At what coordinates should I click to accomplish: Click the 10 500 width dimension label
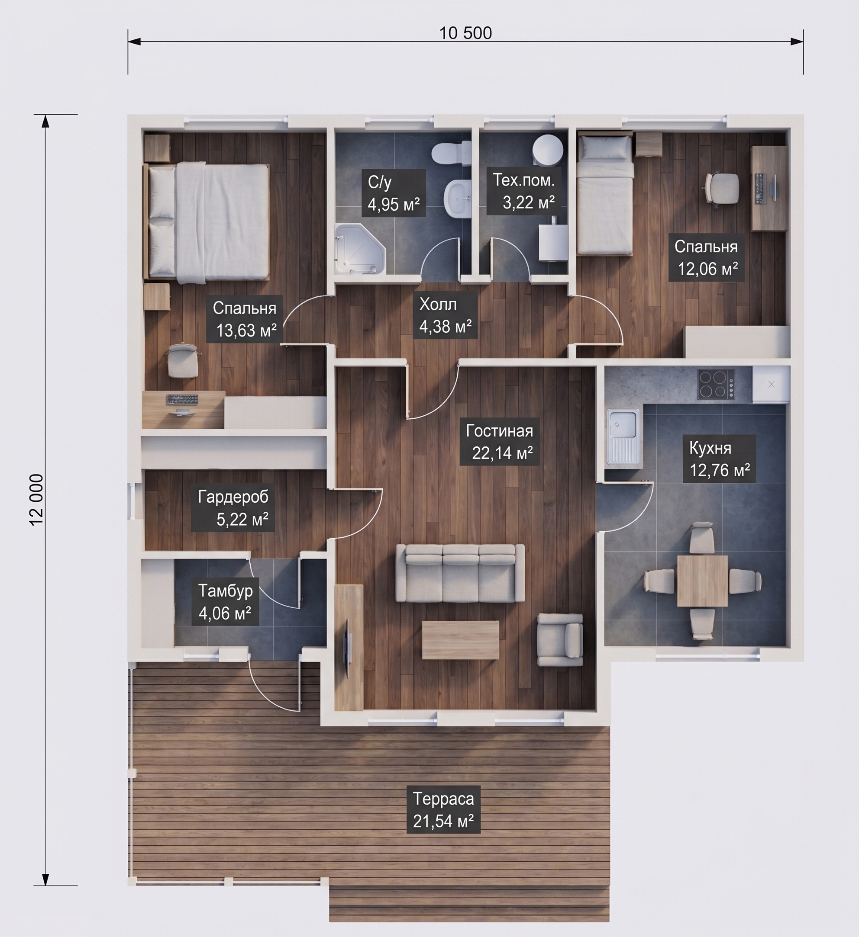pyautogui.click(x=465, y=33)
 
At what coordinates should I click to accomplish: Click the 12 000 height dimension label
pyautogui.click(x=36, y=500)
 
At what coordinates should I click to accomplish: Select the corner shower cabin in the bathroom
pyautogui.click(x=360, y=249)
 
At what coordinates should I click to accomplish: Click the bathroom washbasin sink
pyautogui.click(x=458, y=198)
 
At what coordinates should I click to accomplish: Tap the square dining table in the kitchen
pyautogui.click(x=702, y=581)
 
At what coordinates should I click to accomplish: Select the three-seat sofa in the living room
pyautogui.click(x=460, y=574)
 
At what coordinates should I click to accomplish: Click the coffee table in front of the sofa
pyautogui.click(x=460, y=639)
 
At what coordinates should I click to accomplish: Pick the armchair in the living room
pyautogui.click(x=560, y=639)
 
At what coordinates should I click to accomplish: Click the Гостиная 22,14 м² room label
pyautogui.click(x=500, y=442)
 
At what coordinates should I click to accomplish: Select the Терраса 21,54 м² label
pyautogui.click(x=443, y=810)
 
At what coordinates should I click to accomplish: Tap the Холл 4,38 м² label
pyautogui.click(x=445, y=315)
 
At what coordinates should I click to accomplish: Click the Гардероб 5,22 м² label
pyautogui.click(x=233, y=508)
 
